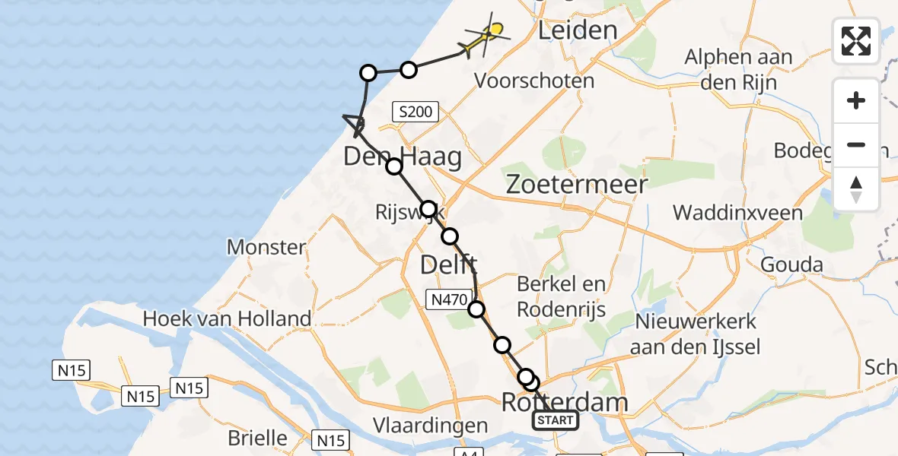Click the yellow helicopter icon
pyautogui.click(x=484, y=38)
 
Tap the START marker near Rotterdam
pyautogui.click(x=555, y=420)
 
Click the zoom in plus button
pyautogui.click(x=856, y=100)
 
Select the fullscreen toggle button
pyautogui.click(x=856, y=41)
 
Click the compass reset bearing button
pyautogui.click(x=856, y=189)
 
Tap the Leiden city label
pyautogui.click(x=577, y=30)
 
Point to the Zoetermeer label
pyautogui.click(x=576, y=184)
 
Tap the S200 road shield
pyautogui.click(x=416, y=112)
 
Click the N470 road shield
pyautogui.click(x=447, y=300)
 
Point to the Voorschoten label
pyautogui.click(x=533, y=80)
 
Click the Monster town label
pyautogui.click(x=266, y=247)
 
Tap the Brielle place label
pyautogui.click(x=258, y=439)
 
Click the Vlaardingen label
pyautogui.click(x=430, y=424)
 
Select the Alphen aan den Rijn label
pyautogui.click(x=738, y=68)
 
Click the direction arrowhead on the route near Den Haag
pyautogui.click(x=355, y=123)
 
